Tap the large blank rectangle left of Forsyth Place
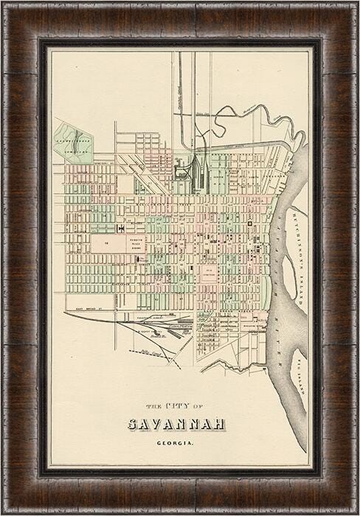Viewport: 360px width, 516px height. [x=106, y=243]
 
